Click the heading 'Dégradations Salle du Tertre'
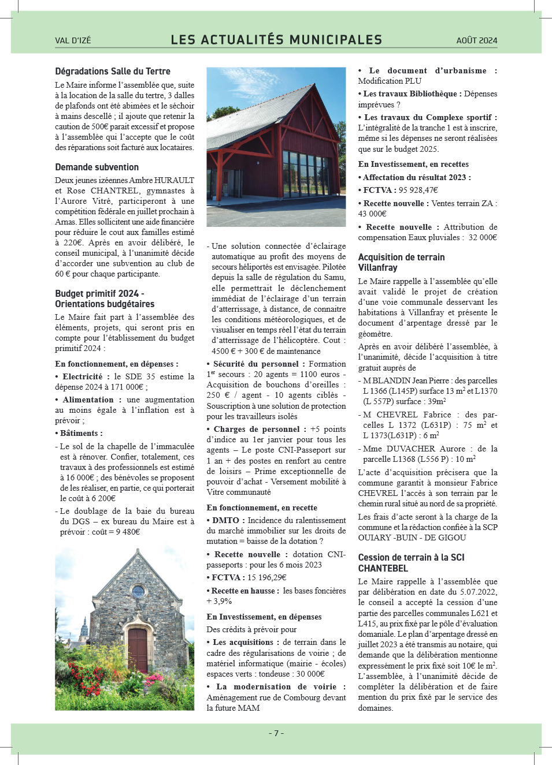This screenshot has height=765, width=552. click(x=113, y=72)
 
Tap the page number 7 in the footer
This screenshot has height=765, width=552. click(x=276, y=733)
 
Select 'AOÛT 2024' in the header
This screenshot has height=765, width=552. click(x=476, y=40)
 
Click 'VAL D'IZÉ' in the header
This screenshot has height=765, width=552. click(x=73, y=40)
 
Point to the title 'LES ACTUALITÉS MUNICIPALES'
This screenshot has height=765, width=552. click(x=276, y=40)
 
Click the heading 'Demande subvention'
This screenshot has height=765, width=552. click(x=97, y=167)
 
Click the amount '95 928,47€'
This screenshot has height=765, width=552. click(x=418, y=190)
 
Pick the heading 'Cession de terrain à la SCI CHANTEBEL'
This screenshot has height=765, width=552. click(x=411, y=563)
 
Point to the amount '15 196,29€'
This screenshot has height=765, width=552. click(x=267, y=577)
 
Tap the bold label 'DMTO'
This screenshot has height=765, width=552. click(x=225, y=520)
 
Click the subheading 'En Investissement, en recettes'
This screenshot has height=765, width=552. click(x=413, y=164)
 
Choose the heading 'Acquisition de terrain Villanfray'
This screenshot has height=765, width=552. click(x=401, y=263)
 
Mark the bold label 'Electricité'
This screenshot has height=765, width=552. click(x=82, y=376)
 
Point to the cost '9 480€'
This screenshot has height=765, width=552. click(x=127, y=532)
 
